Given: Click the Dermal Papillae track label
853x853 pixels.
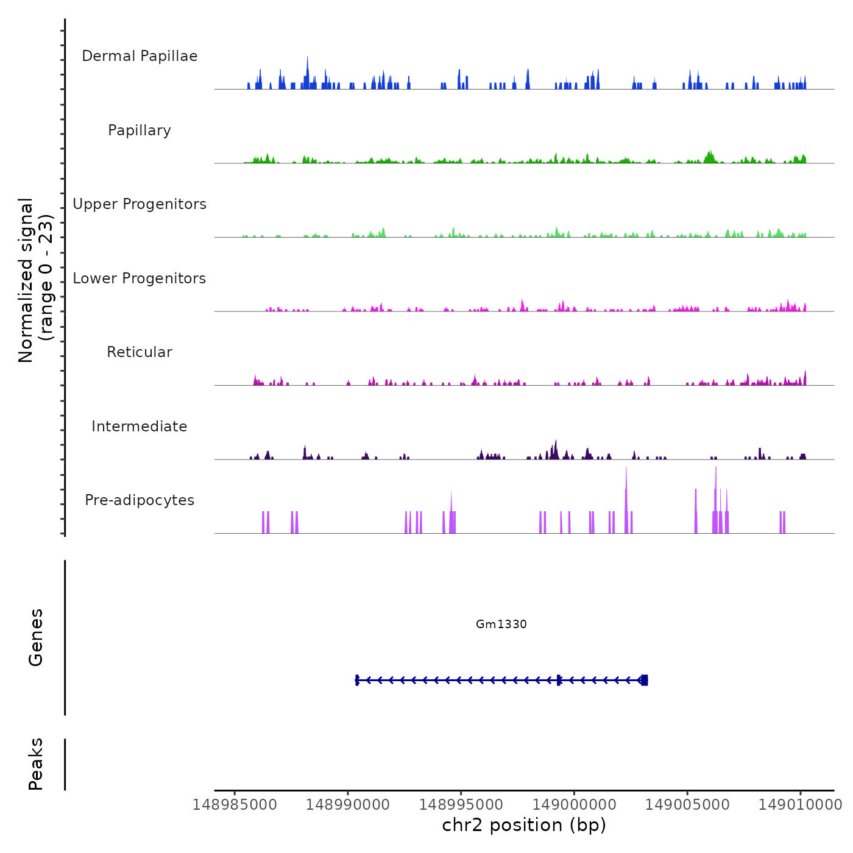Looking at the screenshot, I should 140,56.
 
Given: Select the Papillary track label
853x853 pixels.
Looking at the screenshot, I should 140,130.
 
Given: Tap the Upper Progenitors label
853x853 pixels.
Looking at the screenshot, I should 140,204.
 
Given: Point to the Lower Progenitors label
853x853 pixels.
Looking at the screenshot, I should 140,278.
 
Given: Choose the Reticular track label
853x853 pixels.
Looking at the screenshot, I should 140,352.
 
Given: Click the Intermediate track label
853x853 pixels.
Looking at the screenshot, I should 140,426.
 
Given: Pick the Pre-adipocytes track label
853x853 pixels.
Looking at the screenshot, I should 140,500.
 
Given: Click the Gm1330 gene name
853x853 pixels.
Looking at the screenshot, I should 501,624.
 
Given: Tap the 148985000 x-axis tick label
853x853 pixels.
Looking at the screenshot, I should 235,805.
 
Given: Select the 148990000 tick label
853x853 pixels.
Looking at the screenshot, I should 348,805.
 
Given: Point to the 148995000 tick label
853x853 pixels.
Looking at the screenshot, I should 461,805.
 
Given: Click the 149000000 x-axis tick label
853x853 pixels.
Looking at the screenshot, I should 574,805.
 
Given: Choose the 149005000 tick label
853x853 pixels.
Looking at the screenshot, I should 687,805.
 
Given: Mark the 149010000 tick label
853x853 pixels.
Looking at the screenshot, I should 801,805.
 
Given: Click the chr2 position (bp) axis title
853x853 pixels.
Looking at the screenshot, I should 524,825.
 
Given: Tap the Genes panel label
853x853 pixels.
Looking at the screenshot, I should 36,637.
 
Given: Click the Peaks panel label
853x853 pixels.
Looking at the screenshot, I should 36,764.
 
